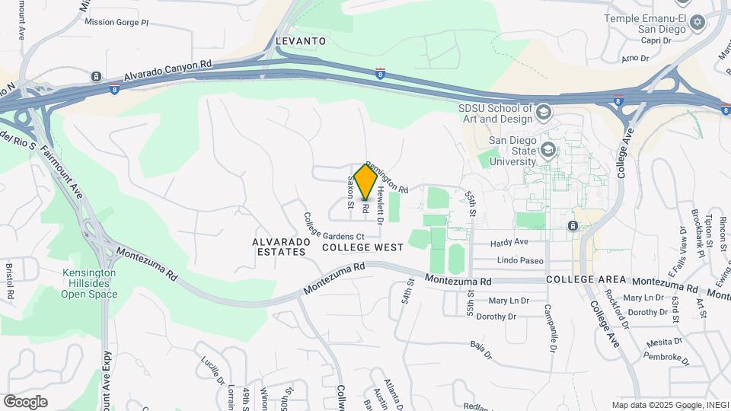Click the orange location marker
point(365,181)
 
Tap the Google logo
point(25,401)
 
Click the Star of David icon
point(696,23)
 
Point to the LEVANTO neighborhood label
point(300,40)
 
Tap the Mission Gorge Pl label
point(117,22)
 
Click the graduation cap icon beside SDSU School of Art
point(544,113)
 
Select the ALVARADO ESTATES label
point(281,247)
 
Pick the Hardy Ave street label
point(509,242)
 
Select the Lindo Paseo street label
point(520,260)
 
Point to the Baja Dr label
point(478,351)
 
